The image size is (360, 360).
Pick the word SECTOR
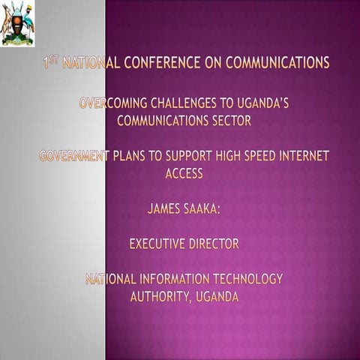point(228,118)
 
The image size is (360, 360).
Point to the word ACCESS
point(184,172)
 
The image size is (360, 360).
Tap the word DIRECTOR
point(214,244)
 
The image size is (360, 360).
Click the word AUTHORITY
point(160,296)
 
